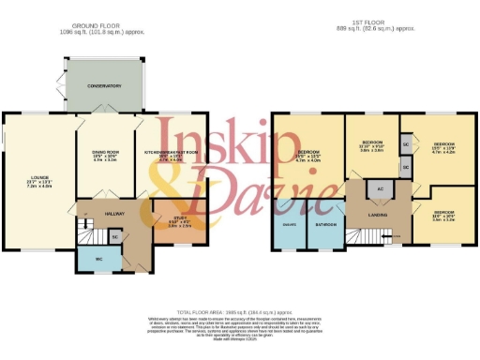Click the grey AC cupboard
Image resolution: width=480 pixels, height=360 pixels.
[380, 189]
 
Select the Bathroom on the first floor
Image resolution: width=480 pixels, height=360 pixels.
[325, 225]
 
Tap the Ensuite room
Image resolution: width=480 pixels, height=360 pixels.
[289, 225]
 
